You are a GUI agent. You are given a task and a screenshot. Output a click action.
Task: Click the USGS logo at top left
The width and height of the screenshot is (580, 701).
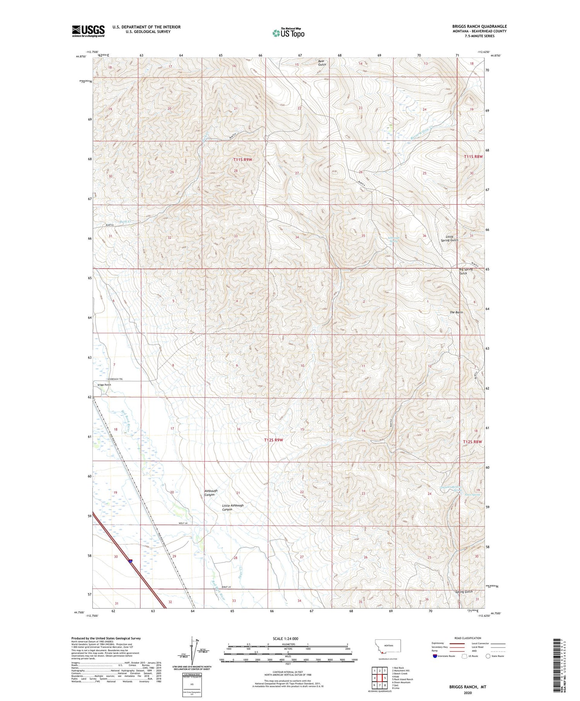[88, 31]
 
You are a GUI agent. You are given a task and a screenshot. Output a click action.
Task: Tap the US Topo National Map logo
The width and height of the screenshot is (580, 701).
[288, 33]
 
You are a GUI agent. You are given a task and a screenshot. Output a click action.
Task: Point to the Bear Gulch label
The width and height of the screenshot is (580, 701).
[322, 63]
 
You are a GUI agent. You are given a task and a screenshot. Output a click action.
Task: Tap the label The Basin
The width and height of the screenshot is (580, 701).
[456, 312]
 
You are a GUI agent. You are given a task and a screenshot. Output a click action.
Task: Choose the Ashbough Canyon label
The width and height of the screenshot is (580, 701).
[211, 493]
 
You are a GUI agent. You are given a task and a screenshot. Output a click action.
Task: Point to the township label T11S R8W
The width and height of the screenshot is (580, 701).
[473, 157]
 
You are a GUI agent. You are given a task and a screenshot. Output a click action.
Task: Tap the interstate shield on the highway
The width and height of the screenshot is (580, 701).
[131, 561]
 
